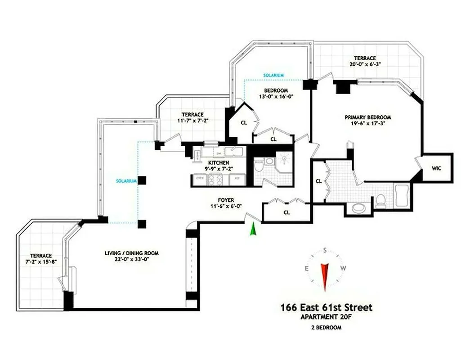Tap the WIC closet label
[436, 168]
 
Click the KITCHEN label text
[218, 162]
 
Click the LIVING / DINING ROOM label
[129, 253]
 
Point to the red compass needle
[324, 275]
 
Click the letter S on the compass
[324, 251]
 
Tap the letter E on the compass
[307, 269]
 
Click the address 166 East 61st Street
[326, 308]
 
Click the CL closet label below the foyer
[286, 212]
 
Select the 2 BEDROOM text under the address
[326, 328]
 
